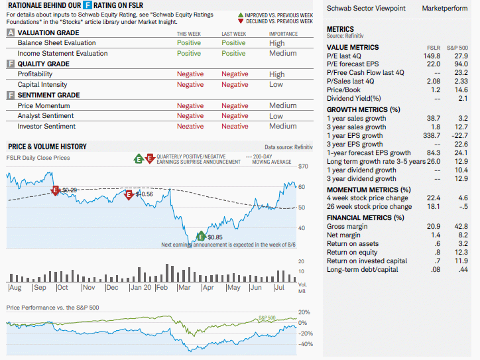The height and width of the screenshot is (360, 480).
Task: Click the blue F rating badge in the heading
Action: [88, 5]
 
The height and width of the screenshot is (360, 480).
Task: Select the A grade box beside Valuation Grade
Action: [11, 32]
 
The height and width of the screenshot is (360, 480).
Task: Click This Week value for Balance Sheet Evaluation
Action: [189, 43]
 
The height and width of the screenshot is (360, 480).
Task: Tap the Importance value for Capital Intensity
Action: [276, 84]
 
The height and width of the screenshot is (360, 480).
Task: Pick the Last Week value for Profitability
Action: [235, 74]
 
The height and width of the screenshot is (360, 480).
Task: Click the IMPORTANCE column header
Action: [283, 34]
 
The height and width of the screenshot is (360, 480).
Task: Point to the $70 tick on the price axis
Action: [303, 166]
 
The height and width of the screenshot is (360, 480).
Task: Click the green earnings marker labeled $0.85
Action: [201, 236]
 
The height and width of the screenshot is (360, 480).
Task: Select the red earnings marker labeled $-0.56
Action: [129, 195]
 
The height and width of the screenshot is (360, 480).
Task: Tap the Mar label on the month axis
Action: [184, 288]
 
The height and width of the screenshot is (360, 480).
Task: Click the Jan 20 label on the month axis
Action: [141, 288]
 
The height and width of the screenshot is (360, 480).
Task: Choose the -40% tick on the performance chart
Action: [306, 344]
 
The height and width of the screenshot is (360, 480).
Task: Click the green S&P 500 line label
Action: [267, 318]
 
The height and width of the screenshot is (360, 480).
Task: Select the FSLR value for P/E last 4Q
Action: [432, 56]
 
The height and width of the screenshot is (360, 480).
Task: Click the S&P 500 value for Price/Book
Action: [461, 90]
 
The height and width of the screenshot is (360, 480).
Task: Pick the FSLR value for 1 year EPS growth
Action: [432, 136]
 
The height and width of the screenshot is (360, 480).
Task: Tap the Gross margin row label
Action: [347, 227]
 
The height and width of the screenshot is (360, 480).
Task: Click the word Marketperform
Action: [445, 8]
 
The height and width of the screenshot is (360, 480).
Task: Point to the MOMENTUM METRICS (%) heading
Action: [369, 190]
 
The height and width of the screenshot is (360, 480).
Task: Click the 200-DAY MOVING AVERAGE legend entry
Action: [269, 159]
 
